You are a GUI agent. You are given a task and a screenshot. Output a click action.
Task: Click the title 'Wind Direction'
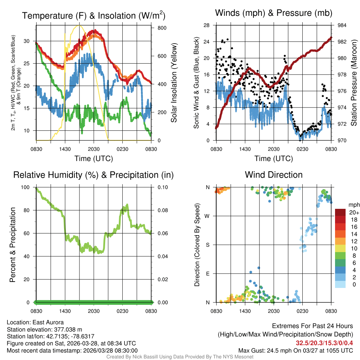pos(274,175)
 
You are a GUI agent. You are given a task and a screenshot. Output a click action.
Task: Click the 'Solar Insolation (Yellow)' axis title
pos(174,83)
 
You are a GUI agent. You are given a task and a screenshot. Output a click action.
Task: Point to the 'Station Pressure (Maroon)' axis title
pos(354,83)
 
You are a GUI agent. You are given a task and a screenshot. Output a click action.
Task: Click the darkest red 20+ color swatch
pos(341,212)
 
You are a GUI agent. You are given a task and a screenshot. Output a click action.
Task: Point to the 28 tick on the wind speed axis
pos(207,25)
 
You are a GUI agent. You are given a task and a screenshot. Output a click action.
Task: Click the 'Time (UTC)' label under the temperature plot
pos(94,159)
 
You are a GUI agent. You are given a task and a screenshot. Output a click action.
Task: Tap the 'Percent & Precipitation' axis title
pos(13,245)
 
